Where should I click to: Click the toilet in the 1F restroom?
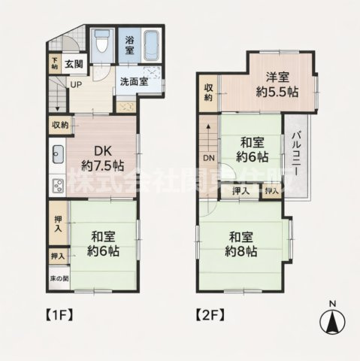[104, 43]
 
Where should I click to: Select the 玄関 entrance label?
[74, 65]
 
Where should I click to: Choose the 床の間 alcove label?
[58, 279]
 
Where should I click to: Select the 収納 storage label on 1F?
[60, 124]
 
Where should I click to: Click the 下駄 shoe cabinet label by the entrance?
[55, 63]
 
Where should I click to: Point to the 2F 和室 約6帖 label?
[252, 149]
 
